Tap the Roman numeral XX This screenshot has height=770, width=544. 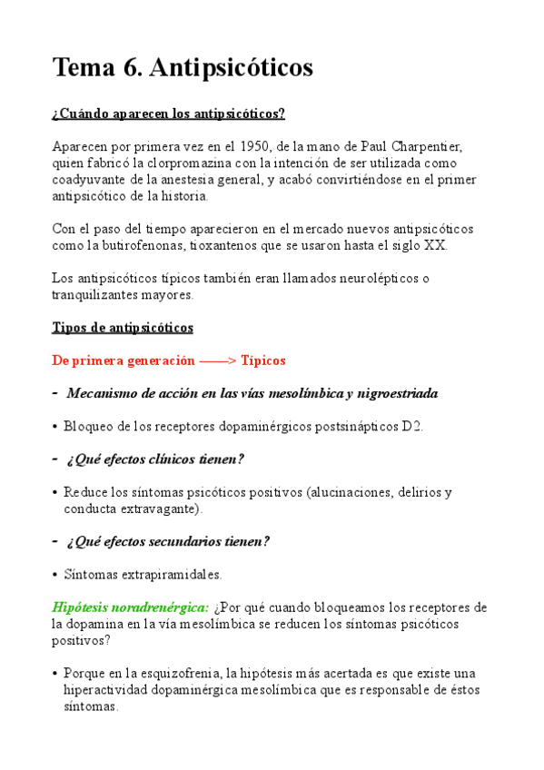pos(435,245)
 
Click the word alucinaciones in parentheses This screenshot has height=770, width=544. pos(351,492)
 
